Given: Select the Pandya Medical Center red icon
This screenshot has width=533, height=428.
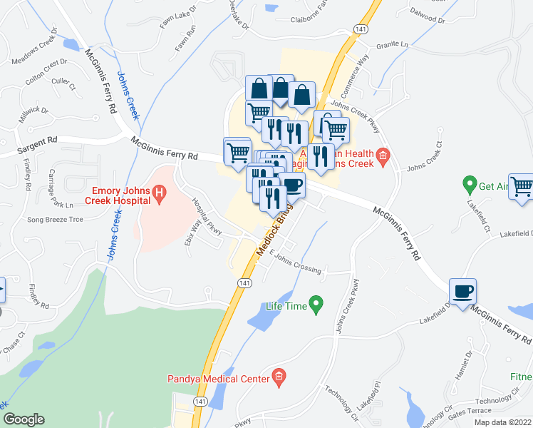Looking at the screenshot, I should (279, 378).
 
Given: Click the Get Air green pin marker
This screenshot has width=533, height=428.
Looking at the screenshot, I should (469, 186).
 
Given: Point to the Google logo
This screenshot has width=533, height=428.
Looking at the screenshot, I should (24, 419).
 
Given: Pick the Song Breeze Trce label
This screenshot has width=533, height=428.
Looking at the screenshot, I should (54, 220).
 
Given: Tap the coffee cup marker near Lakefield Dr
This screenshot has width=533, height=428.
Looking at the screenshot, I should (462, 292).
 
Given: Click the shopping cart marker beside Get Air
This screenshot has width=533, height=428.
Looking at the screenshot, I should (522, 187).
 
